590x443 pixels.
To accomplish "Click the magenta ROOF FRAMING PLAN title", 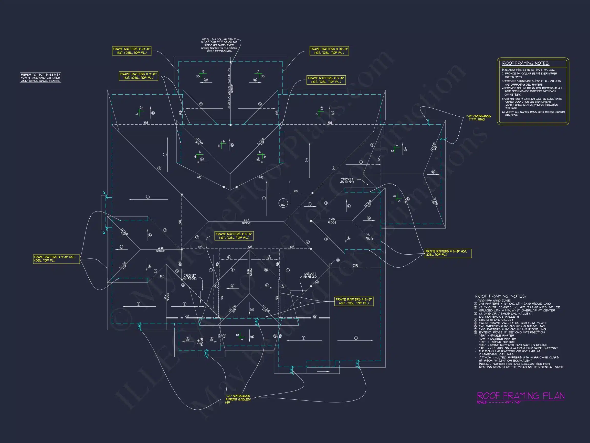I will coord(520,396).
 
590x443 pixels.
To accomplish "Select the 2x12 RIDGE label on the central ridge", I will coord(246,222).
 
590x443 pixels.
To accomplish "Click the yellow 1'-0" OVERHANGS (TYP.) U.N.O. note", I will coord(478,118).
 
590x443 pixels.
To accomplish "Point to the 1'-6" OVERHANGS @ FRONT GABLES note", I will coord(238,399).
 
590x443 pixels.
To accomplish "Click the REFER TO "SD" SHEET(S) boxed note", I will coord(40,78).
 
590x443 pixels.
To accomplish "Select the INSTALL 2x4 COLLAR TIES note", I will coord(219,45).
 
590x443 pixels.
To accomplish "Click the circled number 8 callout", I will coord(338,260).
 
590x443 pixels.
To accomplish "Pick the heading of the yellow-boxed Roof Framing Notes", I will coord(525,63).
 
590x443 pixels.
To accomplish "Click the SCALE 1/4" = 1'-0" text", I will coord(499,402).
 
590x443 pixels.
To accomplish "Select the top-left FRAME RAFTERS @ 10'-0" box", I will coord(132,51).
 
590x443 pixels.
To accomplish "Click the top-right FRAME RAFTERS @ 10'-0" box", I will coord(329,51).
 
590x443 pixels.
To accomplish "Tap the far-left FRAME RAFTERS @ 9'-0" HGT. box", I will coord(56,259).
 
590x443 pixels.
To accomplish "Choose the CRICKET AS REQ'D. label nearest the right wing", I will coord(347,181).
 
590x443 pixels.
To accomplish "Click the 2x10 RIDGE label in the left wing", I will coord(160,249).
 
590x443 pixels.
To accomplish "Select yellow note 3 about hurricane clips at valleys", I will coord(531,83).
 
